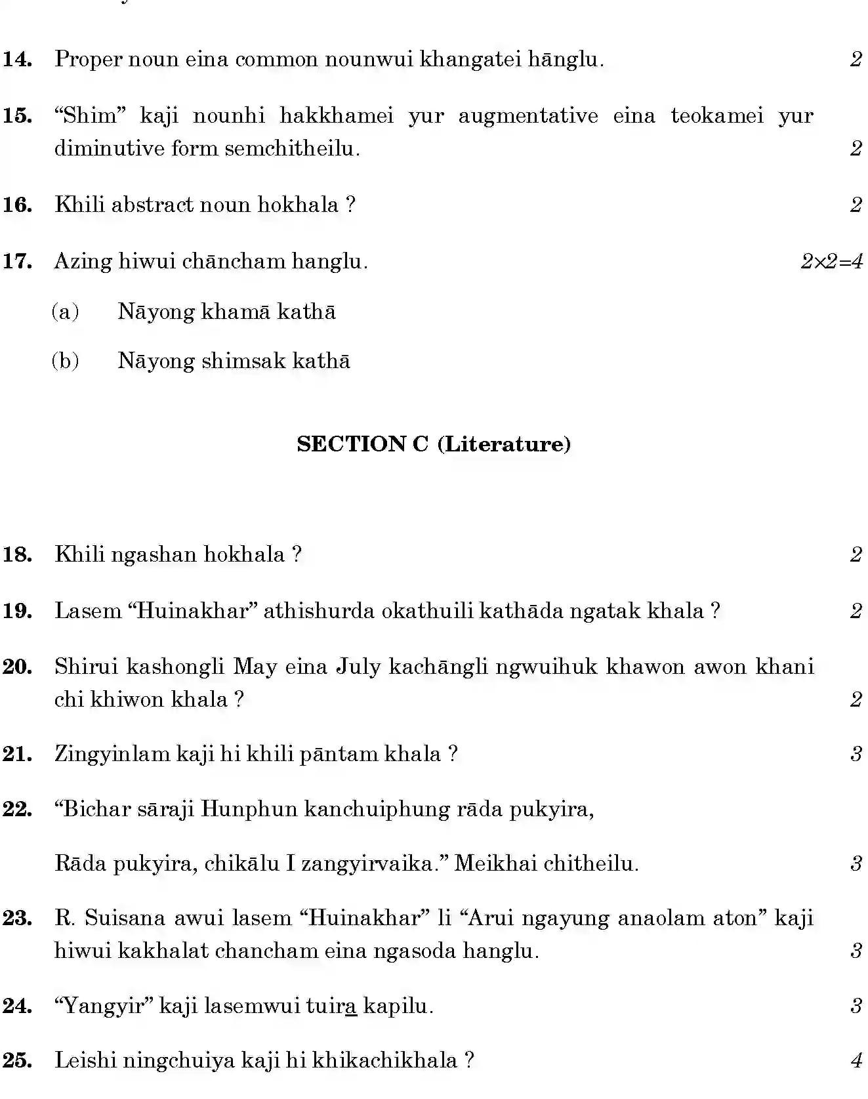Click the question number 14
pyautogui.click(x=18, y=60)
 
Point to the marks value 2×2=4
pyautogui.click(x=831, y=262)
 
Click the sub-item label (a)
pyautogui.click(x=65, y=312)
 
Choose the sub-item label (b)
pyautogui.click(x=65, y=361)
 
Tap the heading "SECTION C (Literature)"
pyautogui.click(x=434, y=444)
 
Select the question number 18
pyautogui.click(x=18, y=554)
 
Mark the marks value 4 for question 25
pyautogui.click(x=856, y=1061)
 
